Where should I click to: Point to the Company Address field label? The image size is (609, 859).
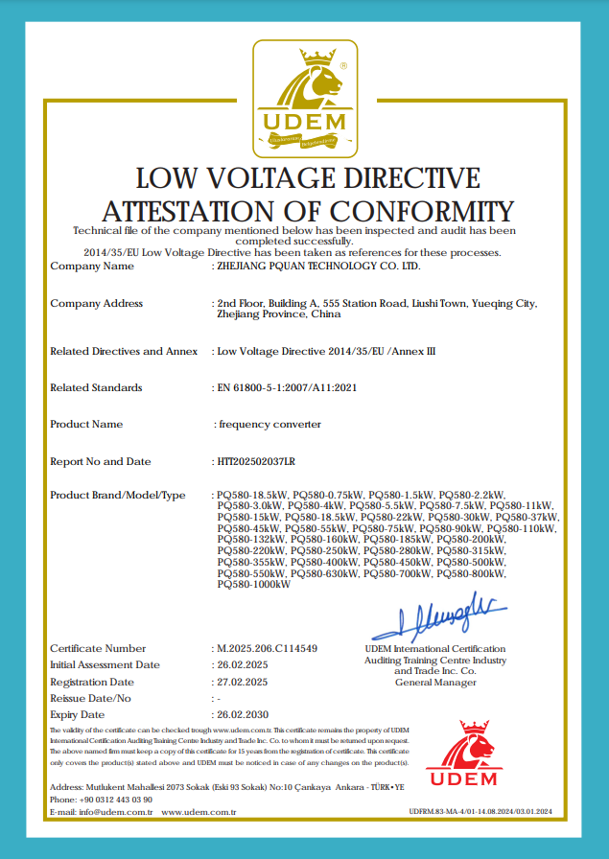tap(96, 304)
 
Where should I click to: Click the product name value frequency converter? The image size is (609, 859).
tap(270, 425)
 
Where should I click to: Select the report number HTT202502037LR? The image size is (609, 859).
tap(256, 462)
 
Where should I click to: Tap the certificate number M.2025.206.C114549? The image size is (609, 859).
tap(267, 649)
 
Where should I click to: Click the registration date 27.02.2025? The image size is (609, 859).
tap(241, 682)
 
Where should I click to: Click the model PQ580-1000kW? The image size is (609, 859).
tap(254, 584)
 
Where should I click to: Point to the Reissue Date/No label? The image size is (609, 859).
tap(90, 698)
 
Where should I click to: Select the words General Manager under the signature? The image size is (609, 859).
tap(435, 683)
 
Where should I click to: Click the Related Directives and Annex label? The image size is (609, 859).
tap(124, 352)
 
